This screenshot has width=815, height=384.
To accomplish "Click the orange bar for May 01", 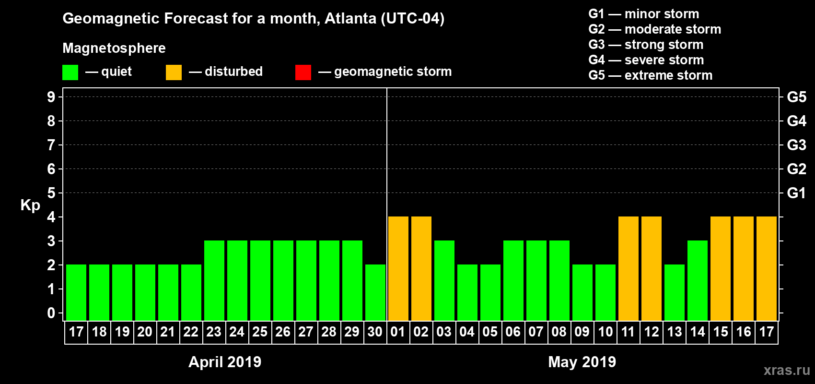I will (x=398, y=268).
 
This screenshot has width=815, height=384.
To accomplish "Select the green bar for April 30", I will (x=375, y=292).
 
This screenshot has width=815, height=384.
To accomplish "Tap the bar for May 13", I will (x=675, y=292).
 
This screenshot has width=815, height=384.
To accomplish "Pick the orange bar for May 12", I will (x=652, y=268).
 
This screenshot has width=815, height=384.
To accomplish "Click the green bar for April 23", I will (x=214, y=280).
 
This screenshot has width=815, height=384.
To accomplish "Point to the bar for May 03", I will (x=444, y=280).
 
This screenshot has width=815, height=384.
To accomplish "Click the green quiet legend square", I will (x=70, y=72).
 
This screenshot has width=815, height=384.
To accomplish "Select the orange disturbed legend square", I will (x=174, y=72).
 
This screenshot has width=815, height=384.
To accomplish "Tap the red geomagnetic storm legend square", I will (x=303, y=72).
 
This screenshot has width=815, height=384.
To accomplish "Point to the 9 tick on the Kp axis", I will (x=51, y=97).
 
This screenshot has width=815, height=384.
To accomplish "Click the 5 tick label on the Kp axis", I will (x=51, y=193).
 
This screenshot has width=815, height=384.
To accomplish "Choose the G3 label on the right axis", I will (x=796, y=145).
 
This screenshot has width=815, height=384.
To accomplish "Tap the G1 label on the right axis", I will (x=796, y=193).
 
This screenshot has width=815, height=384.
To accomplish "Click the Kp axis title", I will (x=30, y=205).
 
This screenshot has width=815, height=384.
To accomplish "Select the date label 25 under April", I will (x=260, y=332).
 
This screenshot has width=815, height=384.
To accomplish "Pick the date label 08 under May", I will (x=559, y=332).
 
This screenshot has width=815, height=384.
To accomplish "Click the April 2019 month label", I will (x=225, y=362).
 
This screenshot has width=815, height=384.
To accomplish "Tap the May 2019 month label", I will (x=582, y=362).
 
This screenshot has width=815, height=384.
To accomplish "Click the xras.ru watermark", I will (x=787, y=370).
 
